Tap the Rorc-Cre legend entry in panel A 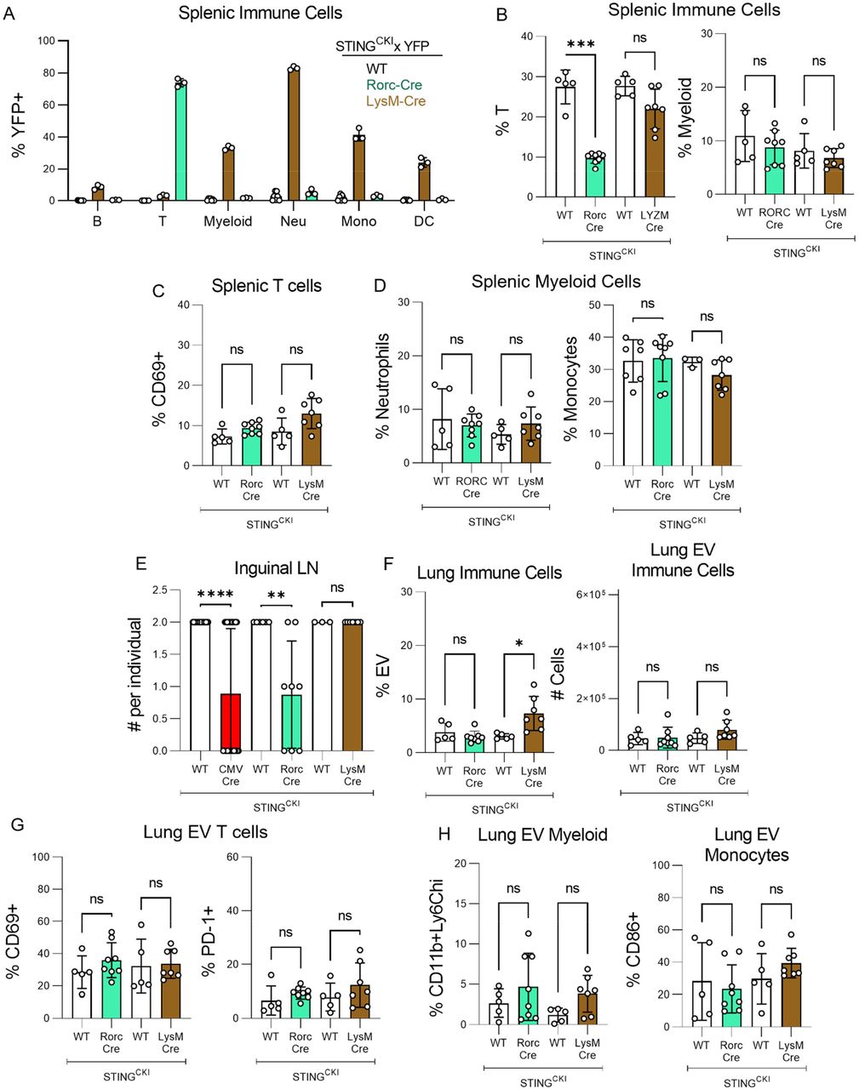coord(393,84)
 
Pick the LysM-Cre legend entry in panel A coord(397,100)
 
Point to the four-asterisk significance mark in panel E coord(215,595)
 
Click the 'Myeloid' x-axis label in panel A coord(227,221)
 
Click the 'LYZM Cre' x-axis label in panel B coord(655,221)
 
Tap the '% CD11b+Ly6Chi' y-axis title coord(439,944)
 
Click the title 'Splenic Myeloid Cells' coord(556,281)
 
